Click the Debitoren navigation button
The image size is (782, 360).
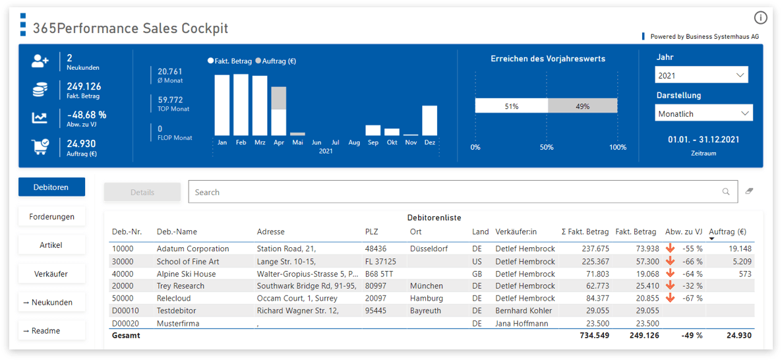pyautogui.click(x=51, y=187)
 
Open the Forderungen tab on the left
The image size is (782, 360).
pyautogui.click(x=51, y=216)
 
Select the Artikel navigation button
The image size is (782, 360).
pyautogui.click(x=51, y=245)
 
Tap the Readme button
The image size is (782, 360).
pyautogui.click(x=51, y=330)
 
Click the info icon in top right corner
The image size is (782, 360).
pyautogui.click(x=760, y=18)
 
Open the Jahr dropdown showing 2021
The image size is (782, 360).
pyautogui.click(x=702, y=75)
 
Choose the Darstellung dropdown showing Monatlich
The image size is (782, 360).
pyautogui.click(x=704, y=113)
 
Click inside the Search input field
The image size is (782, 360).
pyautogui.click(x=455, y=192)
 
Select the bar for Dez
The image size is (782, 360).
pyautogui.click(x=429, y=121)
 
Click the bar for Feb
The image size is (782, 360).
pyautogui.click(x=241, y=105)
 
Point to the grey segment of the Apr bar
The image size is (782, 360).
pyautogui.click(x=279, y=98)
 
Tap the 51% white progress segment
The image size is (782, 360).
pyautogui.click(x=511, y=106)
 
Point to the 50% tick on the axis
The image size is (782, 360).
pyautogui.click(x=547, y=147)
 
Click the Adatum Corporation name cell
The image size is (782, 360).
pyautogui.click(x=193, y=249)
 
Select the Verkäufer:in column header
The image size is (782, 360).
pyautogui.click(x=516, y=231)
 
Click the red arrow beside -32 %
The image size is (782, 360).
pyautogui.click(x=671, y=285)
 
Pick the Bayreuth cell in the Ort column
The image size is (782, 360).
pyautogui.click(x=425, y=311)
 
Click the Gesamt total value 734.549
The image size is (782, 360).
pyautogui.click(x=594, y=336)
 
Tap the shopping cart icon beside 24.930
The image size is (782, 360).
pyautogui.click(x=40, y=147)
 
